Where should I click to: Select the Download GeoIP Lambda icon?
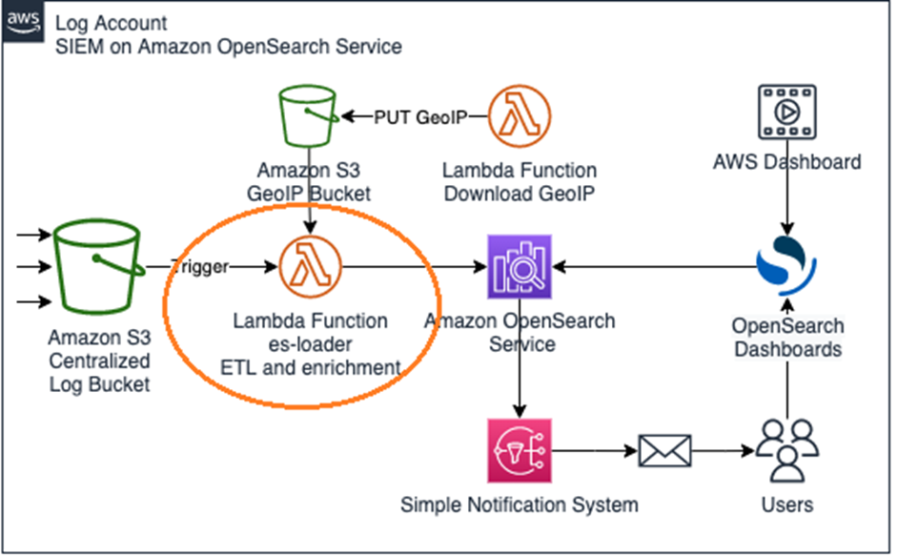pyautogui.click(x=520, y=116)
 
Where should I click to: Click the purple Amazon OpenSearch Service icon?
pyautogui.click(x=520, y=268)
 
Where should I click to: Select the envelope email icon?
pyautogui.click(x=664, y=448)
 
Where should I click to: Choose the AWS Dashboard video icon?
pyautogui.click(x=786, y=112)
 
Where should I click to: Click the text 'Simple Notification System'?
pyautogui.click(x=520, y=505)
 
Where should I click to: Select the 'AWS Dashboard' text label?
pyautogui.click(x=786, y=161)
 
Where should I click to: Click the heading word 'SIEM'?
pyautogui.click(x=79, y=46)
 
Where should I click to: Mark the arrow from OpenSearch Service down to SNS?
pyautogui.click(x=520, y=386)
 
